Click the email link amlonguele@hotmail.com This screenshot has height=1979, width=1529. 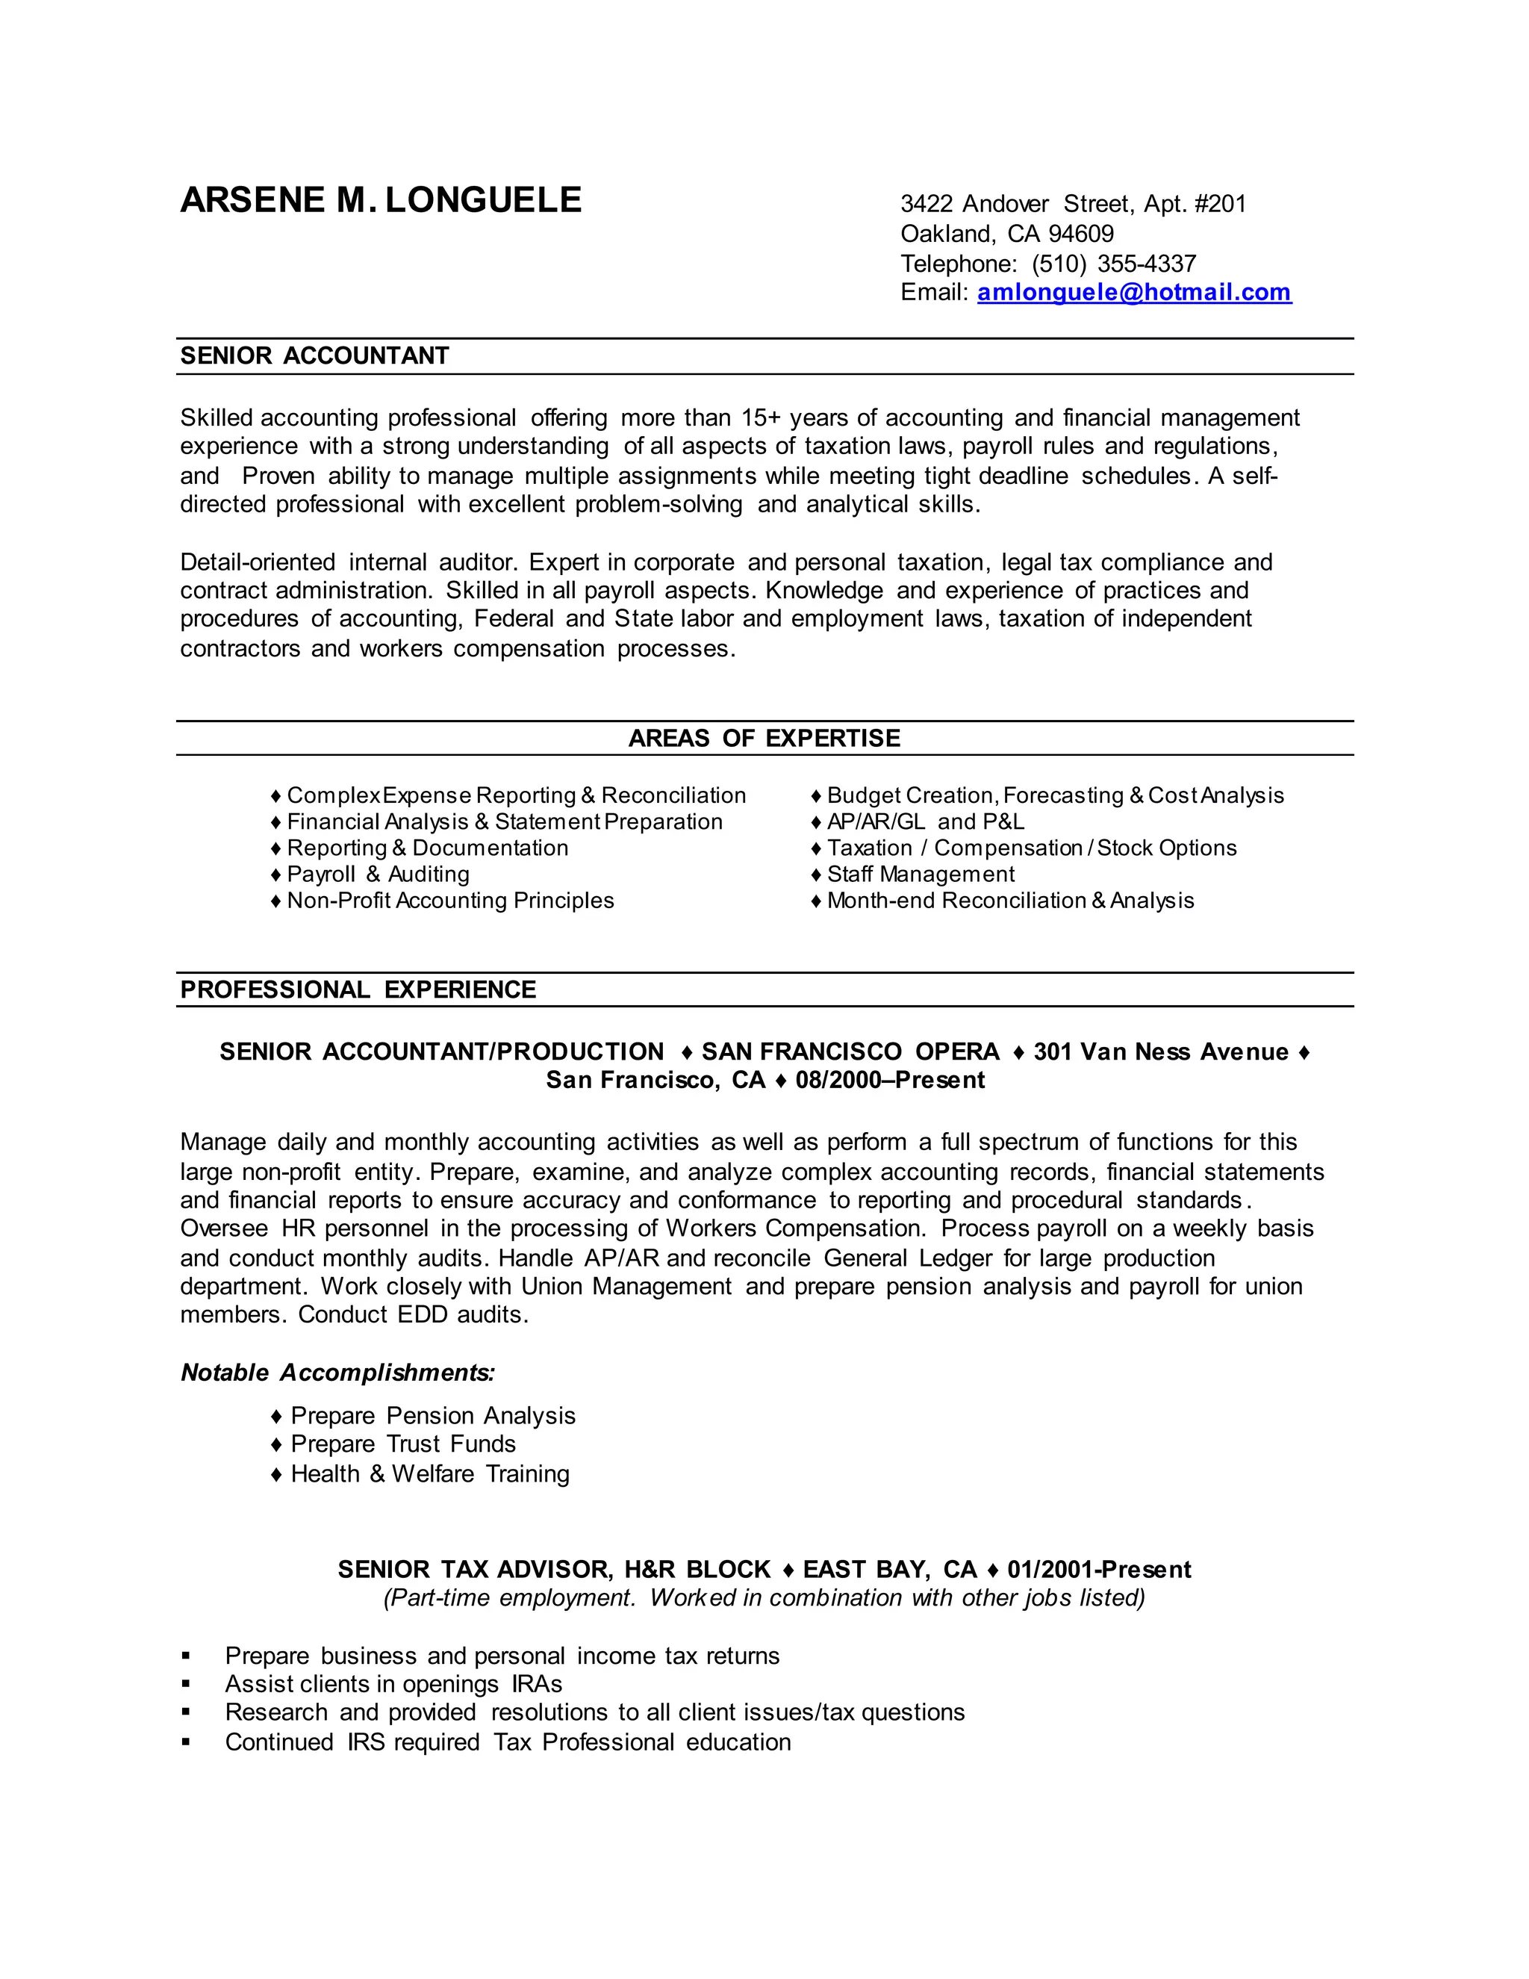[x=1134, y=293]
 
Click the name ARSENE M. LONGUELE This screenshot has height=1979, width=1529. [x=381, y=200]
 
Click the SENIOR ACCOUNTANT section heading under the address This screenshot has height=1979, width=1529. [x=314, y=356]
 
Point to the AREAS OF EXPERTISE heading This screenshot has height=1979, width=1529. [x=764, y=739]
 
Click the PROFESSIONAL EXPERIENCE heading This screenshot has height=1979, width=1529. [x=358, y=989]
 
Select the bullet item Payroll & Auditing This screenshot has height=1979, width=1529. [x=378, y=874]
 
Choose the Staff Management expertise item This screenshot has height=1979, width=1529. [x=921, y=874]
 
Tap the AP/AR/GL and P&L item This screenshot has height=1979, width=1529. [x=925, y=822]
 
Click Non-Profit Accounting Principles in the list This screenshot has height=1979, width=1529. [x=450, y=901]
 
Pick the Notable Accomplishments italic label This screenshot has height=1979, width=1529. [x=338, y=1373]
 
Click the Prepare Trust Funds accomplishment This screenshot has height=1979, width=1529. [x=403, y=1444]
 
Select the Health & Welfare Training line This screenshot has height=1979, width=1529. [x=429, y=1474]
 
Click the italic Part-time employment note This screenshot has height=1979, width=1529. [x=764, y=1597]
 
